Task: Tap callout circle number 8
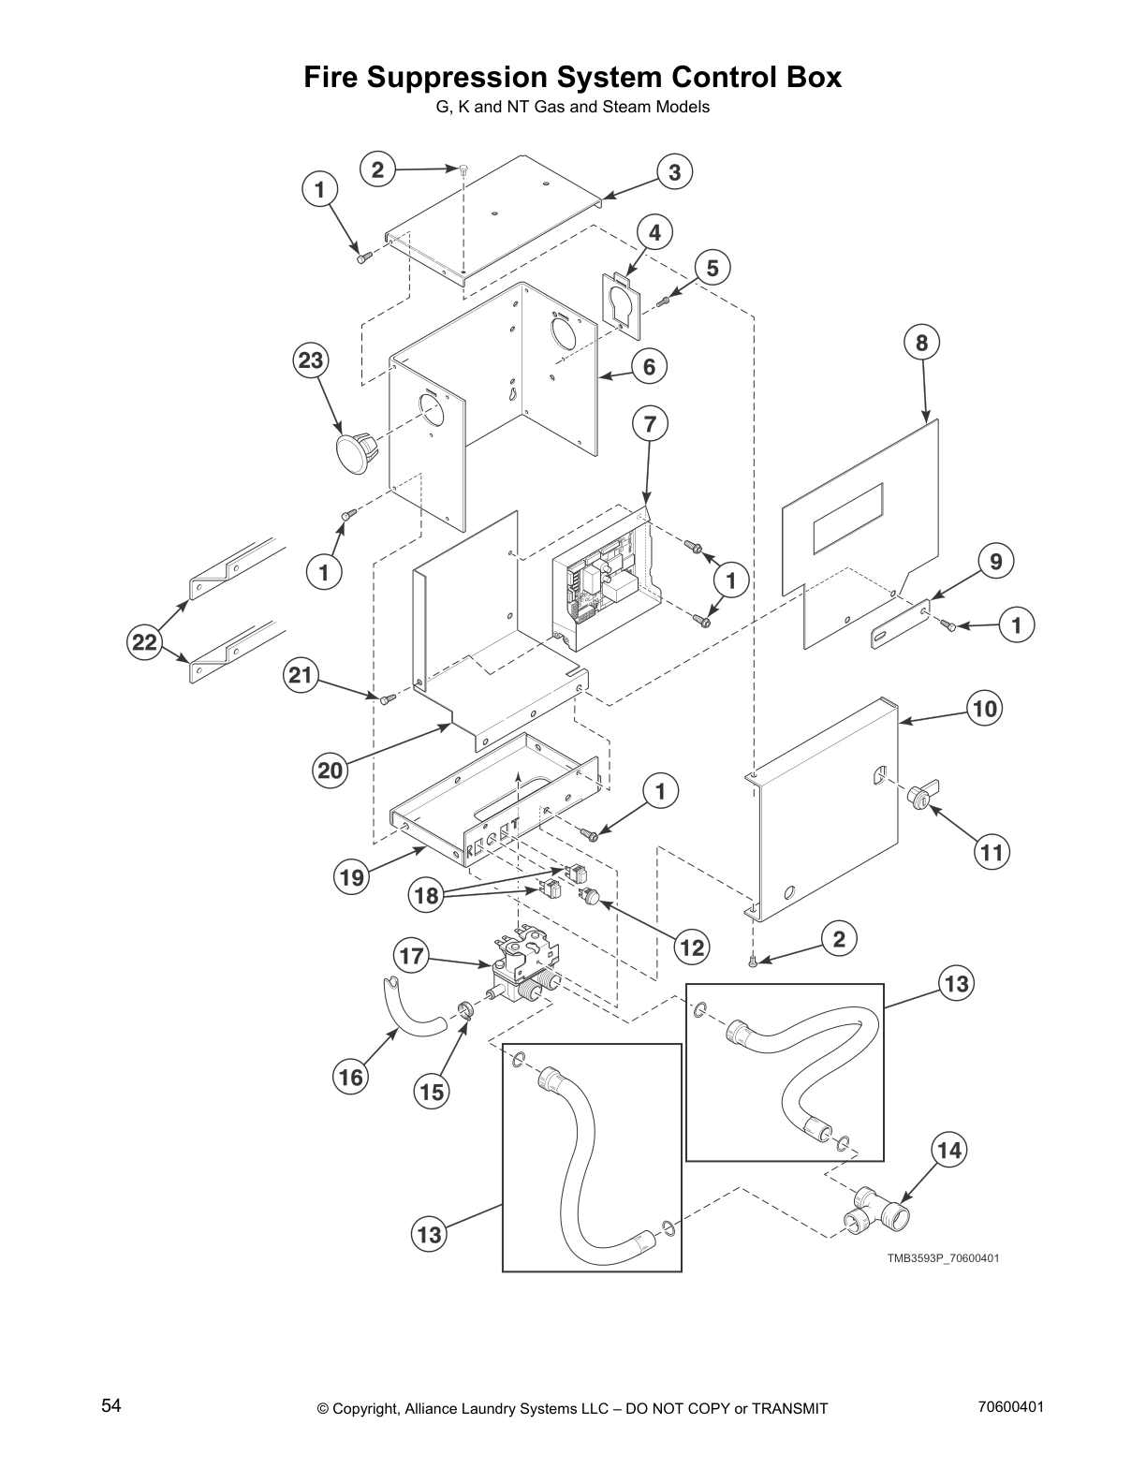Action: (921, 343)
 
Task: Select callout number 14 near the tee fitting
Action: (949, 1150)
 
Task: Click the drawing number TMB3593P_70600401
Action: (943, 1258)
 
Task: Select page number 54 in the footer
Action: (111, 1405)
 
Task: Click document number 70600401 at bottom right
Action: (1010, 1406)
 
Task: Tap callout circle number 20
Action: (330, 771)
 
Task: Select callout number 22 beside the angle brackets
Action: (144, 641)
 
